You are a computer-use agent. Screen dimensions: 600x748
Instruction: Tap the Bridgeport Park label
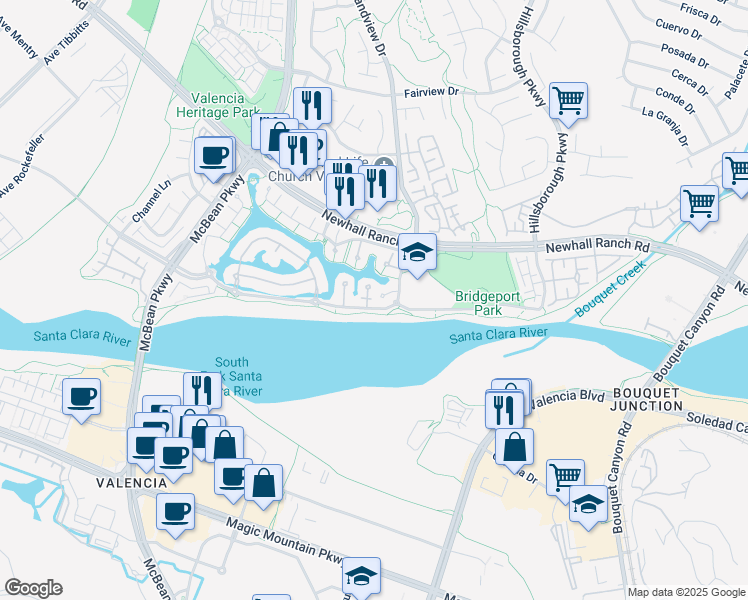pos(478,304)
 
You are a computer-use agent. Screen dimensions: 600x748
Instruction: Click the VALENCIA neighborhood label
pos(131,482)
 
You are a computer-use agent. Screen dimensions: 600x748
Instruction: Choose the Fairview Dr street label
pos(430,91)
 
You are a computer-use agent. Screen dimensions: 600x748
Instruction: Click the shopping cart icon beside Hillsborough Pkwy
pos(568,100)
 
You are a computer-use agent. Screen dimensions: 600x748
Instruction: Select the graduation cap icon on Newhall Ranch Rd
pos(417,251)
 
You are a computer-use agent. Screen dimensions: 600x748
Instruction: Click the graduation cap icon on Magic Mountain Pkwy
pos(361,575)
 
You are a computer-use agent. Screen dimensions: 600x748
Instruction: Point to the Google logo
pos(33,588)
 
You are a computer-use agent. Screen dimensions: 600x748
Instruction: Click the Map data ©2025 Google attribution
pos(685,592)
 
